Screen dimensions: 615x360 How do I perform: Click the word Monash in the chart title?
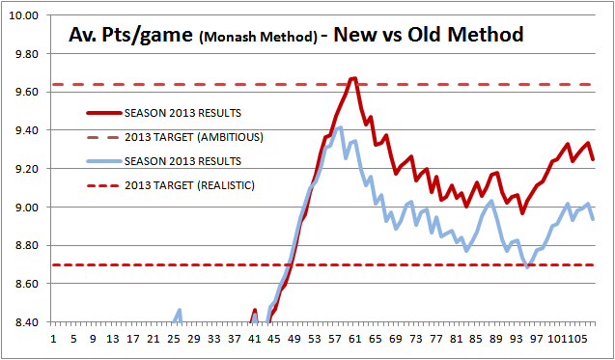(x=222, y=38)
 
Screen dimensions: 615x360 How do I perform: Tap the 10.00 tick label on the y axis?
(x=26, y=15)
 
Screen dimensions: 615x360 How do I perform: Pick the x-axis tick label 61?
(x=355, y=339)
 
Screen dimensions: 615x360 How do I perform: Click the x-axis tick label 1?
(x=53, y=339)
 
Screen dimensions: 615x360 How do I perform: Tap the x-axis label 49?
(x=294, y=339)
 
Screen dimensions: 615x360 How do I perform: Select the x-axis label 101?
(x=554, y=339)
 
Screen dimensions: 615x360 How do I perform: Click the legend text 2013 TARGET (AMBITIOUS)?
(x=194, y=137)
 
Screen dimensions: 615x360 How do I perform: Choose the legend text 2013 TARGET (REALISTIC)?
(x=189, y=185)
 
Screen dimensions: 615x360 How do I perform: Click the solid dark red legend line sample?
(x=104, y=114)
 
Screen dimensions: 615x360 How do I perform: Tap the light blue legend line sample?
(x=104, y=161)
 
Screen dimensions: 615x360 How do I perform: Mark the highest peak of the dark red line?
(x=354, y=78)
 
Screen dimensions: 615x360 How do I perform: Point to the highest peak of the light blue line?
(x=340, y=127)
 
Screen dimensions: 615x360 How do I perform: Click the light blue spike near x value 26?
(x=180, y=310)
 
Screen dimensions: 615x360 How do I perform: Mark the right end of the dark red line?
(x=594, y=159)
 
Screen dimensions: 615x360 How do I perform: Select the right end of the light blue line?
(x=594, y=219)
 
